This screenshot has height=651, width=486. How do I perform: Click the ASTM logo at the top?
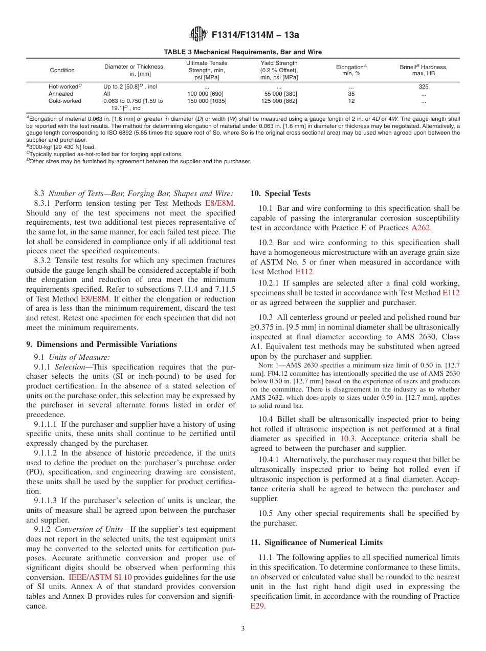pyautogui.click(x=197, y=34)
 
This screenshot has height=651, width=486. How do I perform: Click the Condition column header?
pyautogui.click(x=62, y=70)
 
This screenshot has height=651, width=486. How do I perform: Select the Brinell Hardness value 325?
pyautogui.click(x=423, y=87)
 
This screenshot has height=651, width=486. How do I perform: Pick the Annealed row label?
pyautogui.click(x=61, y=94)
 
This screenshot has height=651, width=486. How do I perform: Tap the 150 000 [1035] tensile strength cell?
pyautogui.click(x=207, y=101)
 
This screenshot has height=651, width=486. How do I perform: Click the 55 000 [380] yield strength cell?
pyautogui.click(x=280, y=94)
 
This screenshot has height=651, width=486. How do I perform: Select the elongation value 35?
pyautogui.click(x=351, y=94)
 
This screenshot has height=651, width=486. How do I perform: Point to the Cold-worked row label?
pyautogui.click(x=64, y=101)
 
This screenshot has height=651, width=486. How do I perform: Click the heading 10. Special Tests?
pyautogui.click(x=280, y=193)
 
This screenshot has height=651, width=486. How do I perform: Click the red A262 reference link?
pyautogui.click(x=422, y=228)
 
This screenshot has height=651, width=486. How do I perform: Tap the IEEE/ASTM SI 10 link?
pyautogui.click(x=100, y=577)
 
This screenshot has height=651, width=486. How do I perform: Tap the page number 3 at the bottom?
pyautogui.click(x=243, y=629)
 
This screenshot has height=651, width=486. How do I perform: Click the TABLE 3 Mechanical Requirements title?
pyautogui.click(x=243, y=52)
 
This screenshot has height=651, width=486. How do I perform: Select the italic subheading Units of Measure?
pyautogui.click(x=81, y=357)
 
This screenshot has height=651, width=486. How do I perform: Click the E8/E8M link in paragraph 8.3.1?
pyautogui.click(x=219, y=203)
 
